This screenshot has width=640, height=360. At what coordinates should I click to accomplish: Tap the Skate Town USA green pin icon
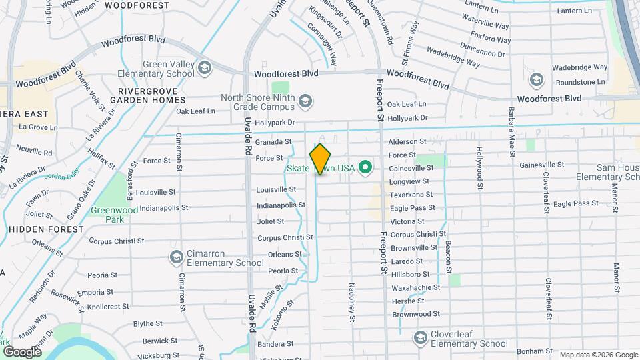pos(365,167)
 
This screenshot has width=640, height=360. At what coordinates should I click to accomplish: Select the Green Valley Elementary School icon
pos(204,67)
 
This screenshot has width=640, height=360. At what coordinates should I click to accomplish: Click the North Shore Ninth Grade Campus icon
pos(305,101)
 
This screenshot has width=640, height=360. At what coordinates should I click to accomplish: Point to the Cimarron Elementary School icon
pos(177,257)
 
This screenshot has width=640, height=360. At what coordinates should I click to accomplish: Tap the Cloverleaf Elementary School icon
pos(420,338)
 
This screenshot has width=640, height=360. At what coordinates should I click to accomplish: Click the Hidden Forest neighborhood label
pos(47,229)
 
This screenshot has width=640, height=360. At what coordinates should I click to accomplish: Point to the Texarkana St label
pos(411,195)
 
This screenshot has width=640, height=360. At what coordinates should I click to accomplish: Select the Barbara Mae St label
pos(511,130)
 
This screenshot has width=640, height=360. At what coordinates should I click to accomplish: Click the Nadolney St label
pos(351,301)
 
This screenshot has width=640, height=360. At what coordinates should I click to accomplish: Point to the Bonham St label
pos(531,351)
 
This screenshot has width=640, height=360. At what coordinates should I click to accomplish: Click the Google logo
pos(22,351)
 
